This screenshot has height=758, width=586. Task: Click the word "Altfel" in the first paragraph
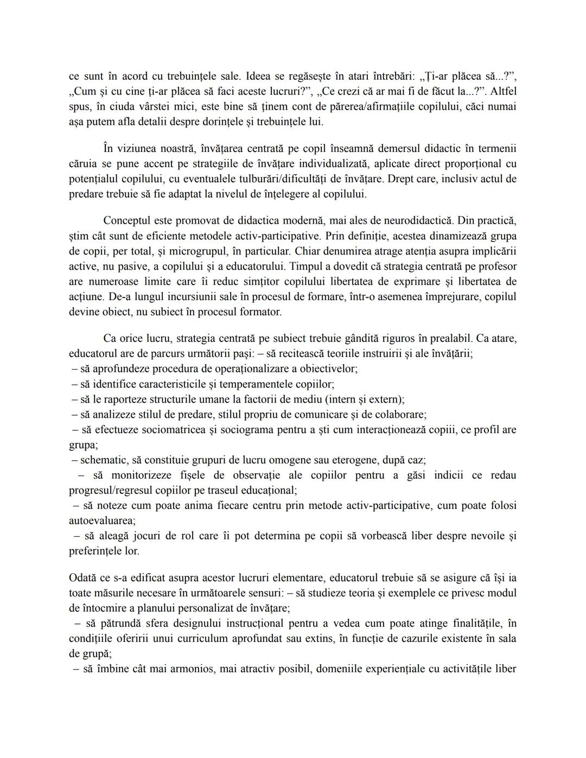(x=502, y=91)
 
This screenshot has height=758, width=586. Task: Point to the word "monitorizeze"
(x=143, y=475)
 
